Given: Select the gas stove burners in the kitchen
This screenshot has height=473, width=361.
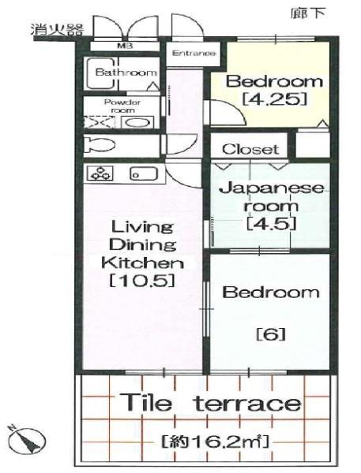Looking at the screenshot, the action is tap(100, 173).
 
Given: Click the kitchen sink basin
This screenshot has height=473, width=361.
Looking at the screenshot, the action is tap(144, 173).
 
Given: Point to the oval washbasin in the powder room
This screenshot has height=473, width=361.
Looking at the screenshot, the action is tap(137, 123).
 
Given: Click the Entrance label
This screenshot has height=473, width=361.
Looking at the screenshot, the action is tap(194, 54).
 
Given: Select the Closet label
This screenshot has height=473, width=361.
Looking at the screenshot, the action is tap(250, 149).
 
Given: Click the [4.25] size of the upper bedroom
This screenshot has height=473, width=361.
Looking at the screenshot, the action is tap(275, 99).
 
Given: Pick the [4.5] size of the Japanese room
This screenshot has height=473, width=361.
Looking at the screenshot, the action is tap(271, 224).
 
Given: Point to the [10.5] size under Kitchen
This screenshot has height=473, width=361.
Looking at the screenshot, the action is tap(142, 281).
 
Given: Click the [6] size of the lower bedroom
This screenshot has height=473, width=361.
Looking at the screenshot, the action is tap(271, 334).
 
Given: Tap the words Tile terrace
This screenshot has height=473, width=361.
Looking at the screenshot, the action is tap(212, 403).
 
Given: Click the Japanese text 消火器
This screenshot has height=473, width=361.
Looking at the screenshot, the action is tap(57, 30).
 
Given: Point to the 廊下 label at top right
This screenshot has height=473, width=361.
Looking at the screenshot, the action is tap(308, 13).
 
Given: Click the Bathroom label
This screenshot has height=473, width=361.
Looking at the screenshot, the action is tap(126, 73).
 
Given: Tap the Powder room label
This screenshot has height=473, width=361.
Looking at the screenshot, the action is tap(122, 106).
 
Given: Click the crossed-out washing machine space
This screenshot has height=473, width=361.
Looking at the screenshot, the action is tap(100, 123).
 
